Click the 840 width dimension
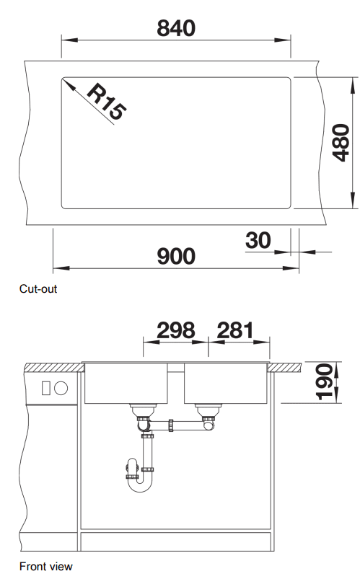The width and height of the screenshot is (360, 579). [176, 28]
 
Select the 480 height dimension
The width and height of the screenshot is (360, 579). [341, 143]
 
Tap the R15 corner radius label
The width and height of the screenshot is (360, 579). [107, 102]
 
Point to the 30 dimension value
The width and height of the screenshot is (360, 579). [258, 240]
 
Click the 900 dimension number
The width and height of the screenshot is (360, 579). [176, 256]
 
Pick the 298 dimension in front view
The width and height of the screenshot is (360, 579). [175, 330]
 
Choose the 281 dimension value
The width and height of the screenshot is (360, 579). [235, 330]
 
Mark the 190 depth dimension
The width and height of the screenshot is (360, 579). [325, 382]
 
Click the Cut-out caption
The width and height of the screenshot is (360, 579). [38, 288]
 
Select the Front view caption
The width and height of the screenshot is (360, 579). [46, 566]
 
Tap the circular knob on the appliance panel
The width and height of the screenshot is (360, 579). [61, 388]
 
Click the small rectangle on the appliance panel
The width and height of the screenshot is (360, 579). [45, 388]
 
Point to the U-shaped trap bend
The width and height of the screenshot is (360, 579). [140, 486]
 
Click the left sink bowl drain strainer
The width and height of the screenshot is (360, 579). [143, 410]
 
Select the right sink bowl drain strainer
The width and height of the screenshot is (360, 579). [208, 410]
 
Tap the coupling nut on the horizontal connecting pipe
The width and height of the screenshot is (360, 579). [171, 425]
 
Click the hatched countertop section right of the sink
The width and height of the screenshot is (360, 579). [284, 368]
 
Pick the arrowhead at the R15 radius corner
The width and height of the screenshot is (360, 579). [69, 84]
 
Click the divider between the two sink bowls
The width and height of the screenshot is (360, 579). [175, 368]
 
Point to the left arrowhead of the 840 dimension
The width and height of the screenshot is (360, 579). [69, 40]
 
